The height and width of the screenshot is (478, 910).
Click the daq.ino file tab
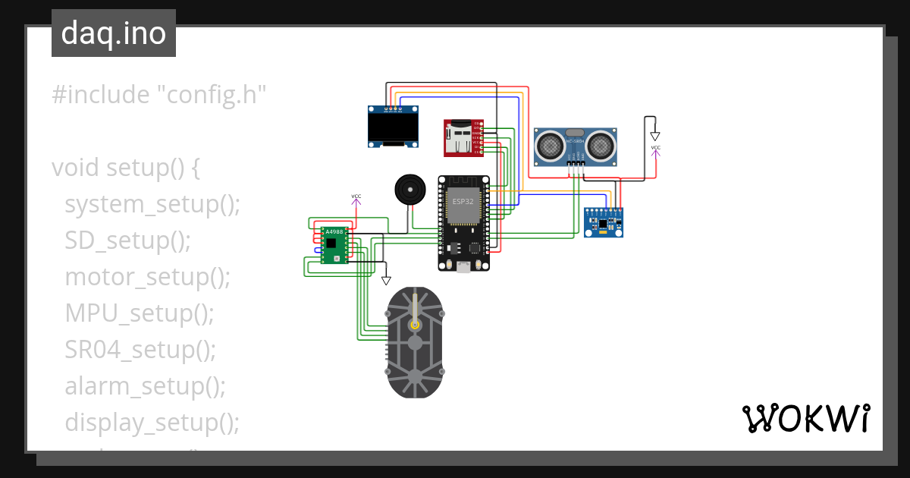pyautogui.click(x=114, y=33)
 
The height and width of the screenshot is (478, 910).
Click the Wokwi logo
pyautogui.click(x=805, y=418)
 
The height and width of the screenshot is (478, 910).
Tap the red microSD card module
pyautogui.click(x=462, y=138)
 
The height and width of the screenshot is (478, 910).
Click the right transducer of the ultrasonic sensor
pyautogui.click(x=601, y=143)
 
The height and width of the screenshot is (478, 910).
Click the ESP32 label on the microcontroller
pyautogui.click(x=463, y=202)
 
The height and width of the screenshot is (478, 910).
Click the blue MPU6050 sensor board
pyautogui.click(x=604, y=222)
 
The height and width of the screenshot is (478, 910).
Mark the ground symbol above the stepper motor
pyautogui.click(x=386, y=280)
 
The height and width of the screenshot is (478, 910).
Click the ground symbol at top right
pyautogui.click(x=655, y=136)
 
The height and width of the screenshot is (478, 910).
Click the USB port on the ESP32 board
pyautogui.click(x=463, y=266)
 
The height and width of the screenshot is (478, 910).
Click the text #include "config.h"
pyautogui.click(x=159, y=95)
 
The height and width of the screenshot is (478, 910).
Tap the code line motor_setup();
pyautogui.click(x=147, y=277)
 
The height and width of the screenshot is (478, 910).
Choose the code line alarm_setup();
pyautogui.click(x=145, y=386)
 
